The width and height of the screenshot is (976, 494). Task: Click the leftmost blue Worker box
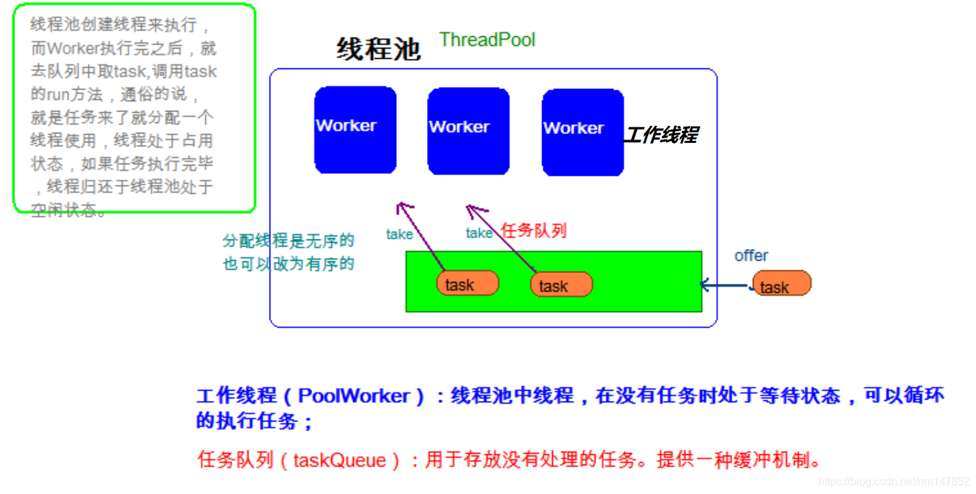point(355,130)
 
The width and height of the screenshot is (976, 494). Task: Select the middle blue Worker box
point(468,131)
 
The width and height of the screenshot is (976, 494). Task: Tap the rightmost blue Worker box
point(582,132)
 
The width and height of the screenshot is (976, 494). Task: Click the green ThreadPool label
point(487,40)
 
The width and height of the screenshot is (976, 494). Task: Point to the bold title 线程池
point(378,49)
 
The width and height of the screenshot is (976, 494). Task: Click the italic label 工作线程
point(660,135)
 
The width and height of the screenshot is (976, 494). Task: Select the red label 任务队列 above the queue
point(534,231)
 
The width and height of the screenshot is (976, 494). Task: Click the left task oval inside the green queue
point(467,284)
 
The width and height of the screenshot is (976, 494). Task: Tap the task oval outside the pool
point(782,283)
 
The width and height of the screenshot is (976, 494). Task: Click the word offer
point(751,255)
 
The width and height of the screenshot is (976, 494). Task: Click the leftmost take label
point(399,235)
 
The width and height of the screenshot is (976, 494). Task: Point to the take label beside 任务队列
point(479,233)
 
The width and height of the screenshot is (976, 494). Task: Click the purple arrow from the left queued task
point(420,236)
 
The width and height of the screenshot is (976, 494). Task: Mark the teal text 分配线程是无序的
point(288,241)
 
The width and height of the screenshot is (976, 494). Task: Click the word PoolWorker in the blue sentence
point(355,396)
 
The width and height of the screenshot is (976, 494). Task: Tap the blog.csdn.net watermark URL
point(893,482)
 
